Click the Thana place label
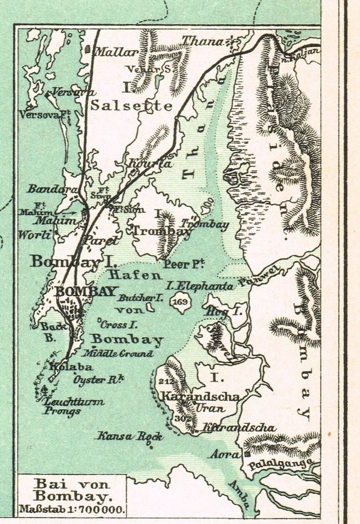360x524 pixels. pyautogui.click(x=203, y=41)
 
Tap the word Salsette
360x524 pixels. pyautogui.click(x=131, y=105)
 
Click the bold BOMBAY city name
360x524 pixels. pyautogui.click(x=86, y=291)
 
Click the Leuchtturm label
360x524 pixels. pyautogui.click(x=74, y=401)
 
